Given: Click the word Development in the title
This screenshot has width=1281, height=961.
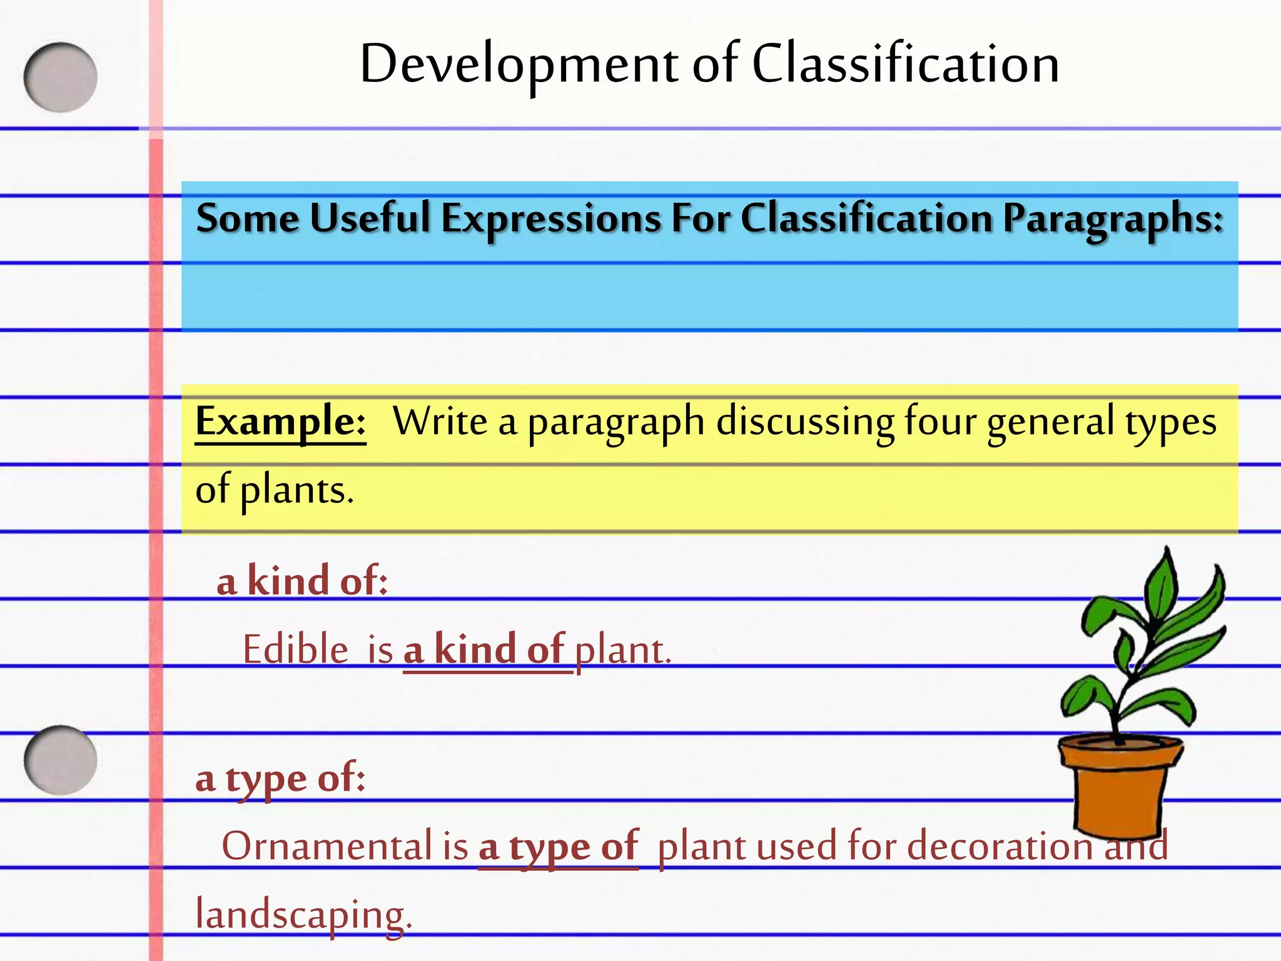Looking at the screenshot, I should pyautogui.click(x=519, y=65).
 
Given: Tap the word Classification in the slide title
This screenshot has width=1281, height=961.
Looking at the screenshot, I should pyautogui.click(x=905, y=64).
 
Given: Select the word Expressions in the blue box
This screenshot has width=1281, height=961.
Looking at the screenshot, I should pyautogui.click(x=551, y=219).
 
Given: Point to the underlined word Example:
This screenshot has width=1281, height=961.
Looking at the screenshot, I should pyautogui.click(x=280, y=422).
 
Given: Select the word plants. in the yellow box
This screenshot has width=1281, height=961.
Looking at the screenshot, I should pyautogui.click(x=297, y=491).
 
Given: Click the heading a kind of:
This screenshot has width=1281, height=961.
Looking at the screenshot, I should pyautogui.click(x=302, y=581).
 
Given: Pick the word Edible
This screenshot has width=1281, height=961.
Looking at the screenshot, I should pyautogui.click(x=295, y=649).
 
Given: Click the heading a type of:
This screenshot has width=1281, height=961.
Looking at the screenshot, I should pyautogui.click(x=280, y=780).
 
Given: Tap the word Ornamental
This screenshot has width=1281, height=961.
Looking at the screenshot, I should pyautogui.click(x=327, y=846).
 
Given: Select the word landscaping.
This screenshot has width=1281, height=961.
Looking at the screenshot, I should pyautogui.click(x=303, y=915).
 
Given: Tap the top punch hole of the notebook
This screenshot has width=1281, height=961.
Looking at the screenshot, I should pyautogui.click(x=61, y=78).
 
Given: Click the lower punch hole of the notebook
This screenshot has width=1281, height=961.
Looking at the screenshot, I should pyautogui.click(x=61, y=760).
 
